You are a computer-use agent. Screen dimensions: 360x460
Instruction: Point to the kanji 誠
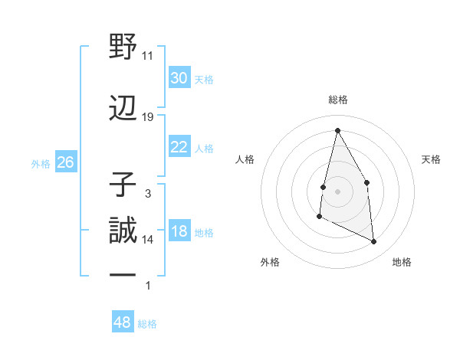point(123,230)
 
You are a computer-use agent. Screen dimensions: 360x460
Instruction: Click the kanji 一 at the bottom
point(123,276)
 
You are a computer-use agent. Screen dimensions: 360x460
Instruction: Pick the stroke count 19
point(148,117)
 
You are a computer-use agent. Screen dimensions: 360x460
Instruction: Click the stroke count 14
point(148,240)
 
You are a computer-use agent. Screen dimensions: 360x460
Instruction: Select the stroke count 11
point(148,56)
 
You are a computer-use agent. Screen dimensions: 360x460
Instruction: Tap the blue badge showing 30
point(179,78)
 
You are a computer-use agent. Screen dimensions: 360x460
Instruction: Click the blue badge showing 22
point(179,147)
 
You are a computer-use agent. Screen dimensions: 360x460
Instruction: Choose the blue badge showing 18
point(179,231)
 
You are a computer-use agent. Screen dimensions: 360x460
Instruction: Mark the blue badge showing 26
point(65,162)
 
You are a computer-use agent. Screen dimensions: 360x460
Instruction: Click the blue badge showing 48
point(122,322)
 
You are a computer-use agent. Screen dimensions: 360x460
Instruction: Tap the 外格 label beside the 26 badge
point(41,163)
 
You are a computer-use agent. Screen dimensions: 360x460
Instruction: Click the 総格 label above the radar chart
point(338,100)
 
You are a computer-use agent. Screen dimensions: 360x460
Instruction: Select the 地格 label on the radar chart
point(402,262)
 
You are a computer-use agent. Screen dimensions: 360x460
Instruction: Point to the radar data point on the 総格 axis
point(337,130)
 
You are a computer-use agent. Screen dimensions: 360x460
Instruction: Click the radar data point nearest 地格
point(374,242)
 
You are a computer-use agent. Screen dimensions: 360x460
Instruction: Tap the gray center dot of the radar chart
point(337,191)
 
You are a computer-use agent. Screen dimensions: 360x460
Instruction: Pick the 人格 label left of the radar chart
point(245,159)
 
